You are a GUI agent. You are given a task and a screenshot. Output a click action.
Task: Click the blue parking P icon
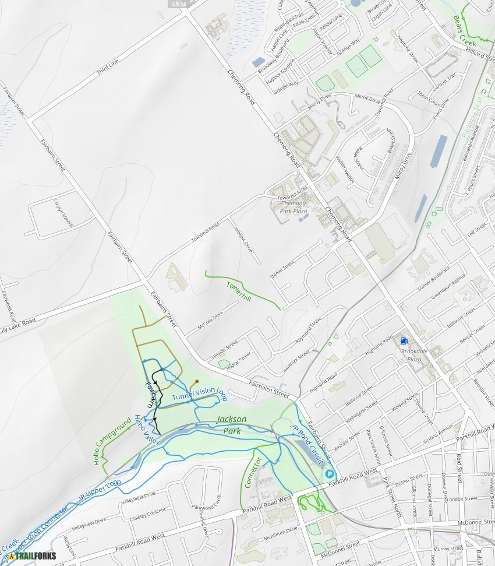[329, 474]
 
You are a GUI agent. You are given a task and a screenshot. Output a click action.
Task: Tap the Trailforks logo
[31, 556]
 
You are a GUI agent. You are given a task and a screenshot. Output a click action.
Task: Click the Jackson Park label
[231, 425]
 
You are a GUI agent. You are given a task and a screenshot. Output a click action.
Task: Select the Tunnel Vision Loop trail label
[199, 394]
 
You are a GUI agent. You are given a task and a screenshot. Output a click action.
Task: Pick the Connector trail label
[254, 471]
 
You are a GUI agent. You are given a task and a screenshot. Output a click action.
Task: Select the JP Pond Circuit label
[307, 445]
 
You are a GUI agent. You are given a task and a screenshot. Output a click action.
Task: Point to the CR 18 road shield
[180, 3]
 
